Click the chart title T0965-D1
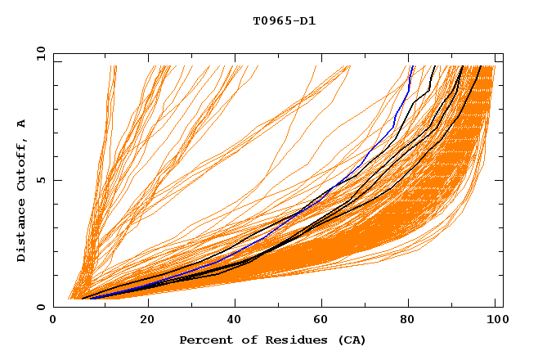(284, 20)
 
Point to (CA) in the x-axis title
(352, 340)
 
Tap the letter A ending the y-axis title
(21, 123)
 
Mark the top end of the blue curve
(413, 66)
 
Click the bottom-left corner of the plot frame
(54, 307)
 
